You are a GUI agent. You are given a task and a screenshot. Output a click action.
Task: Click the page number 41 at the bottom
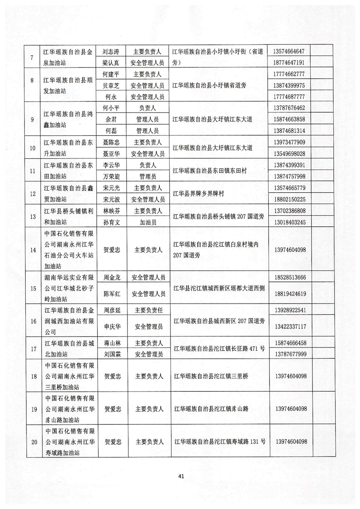[x=181, y=476]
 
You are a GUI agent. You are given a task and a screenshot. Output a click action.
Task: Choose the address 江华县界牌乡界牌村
[x=199, y=193]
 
